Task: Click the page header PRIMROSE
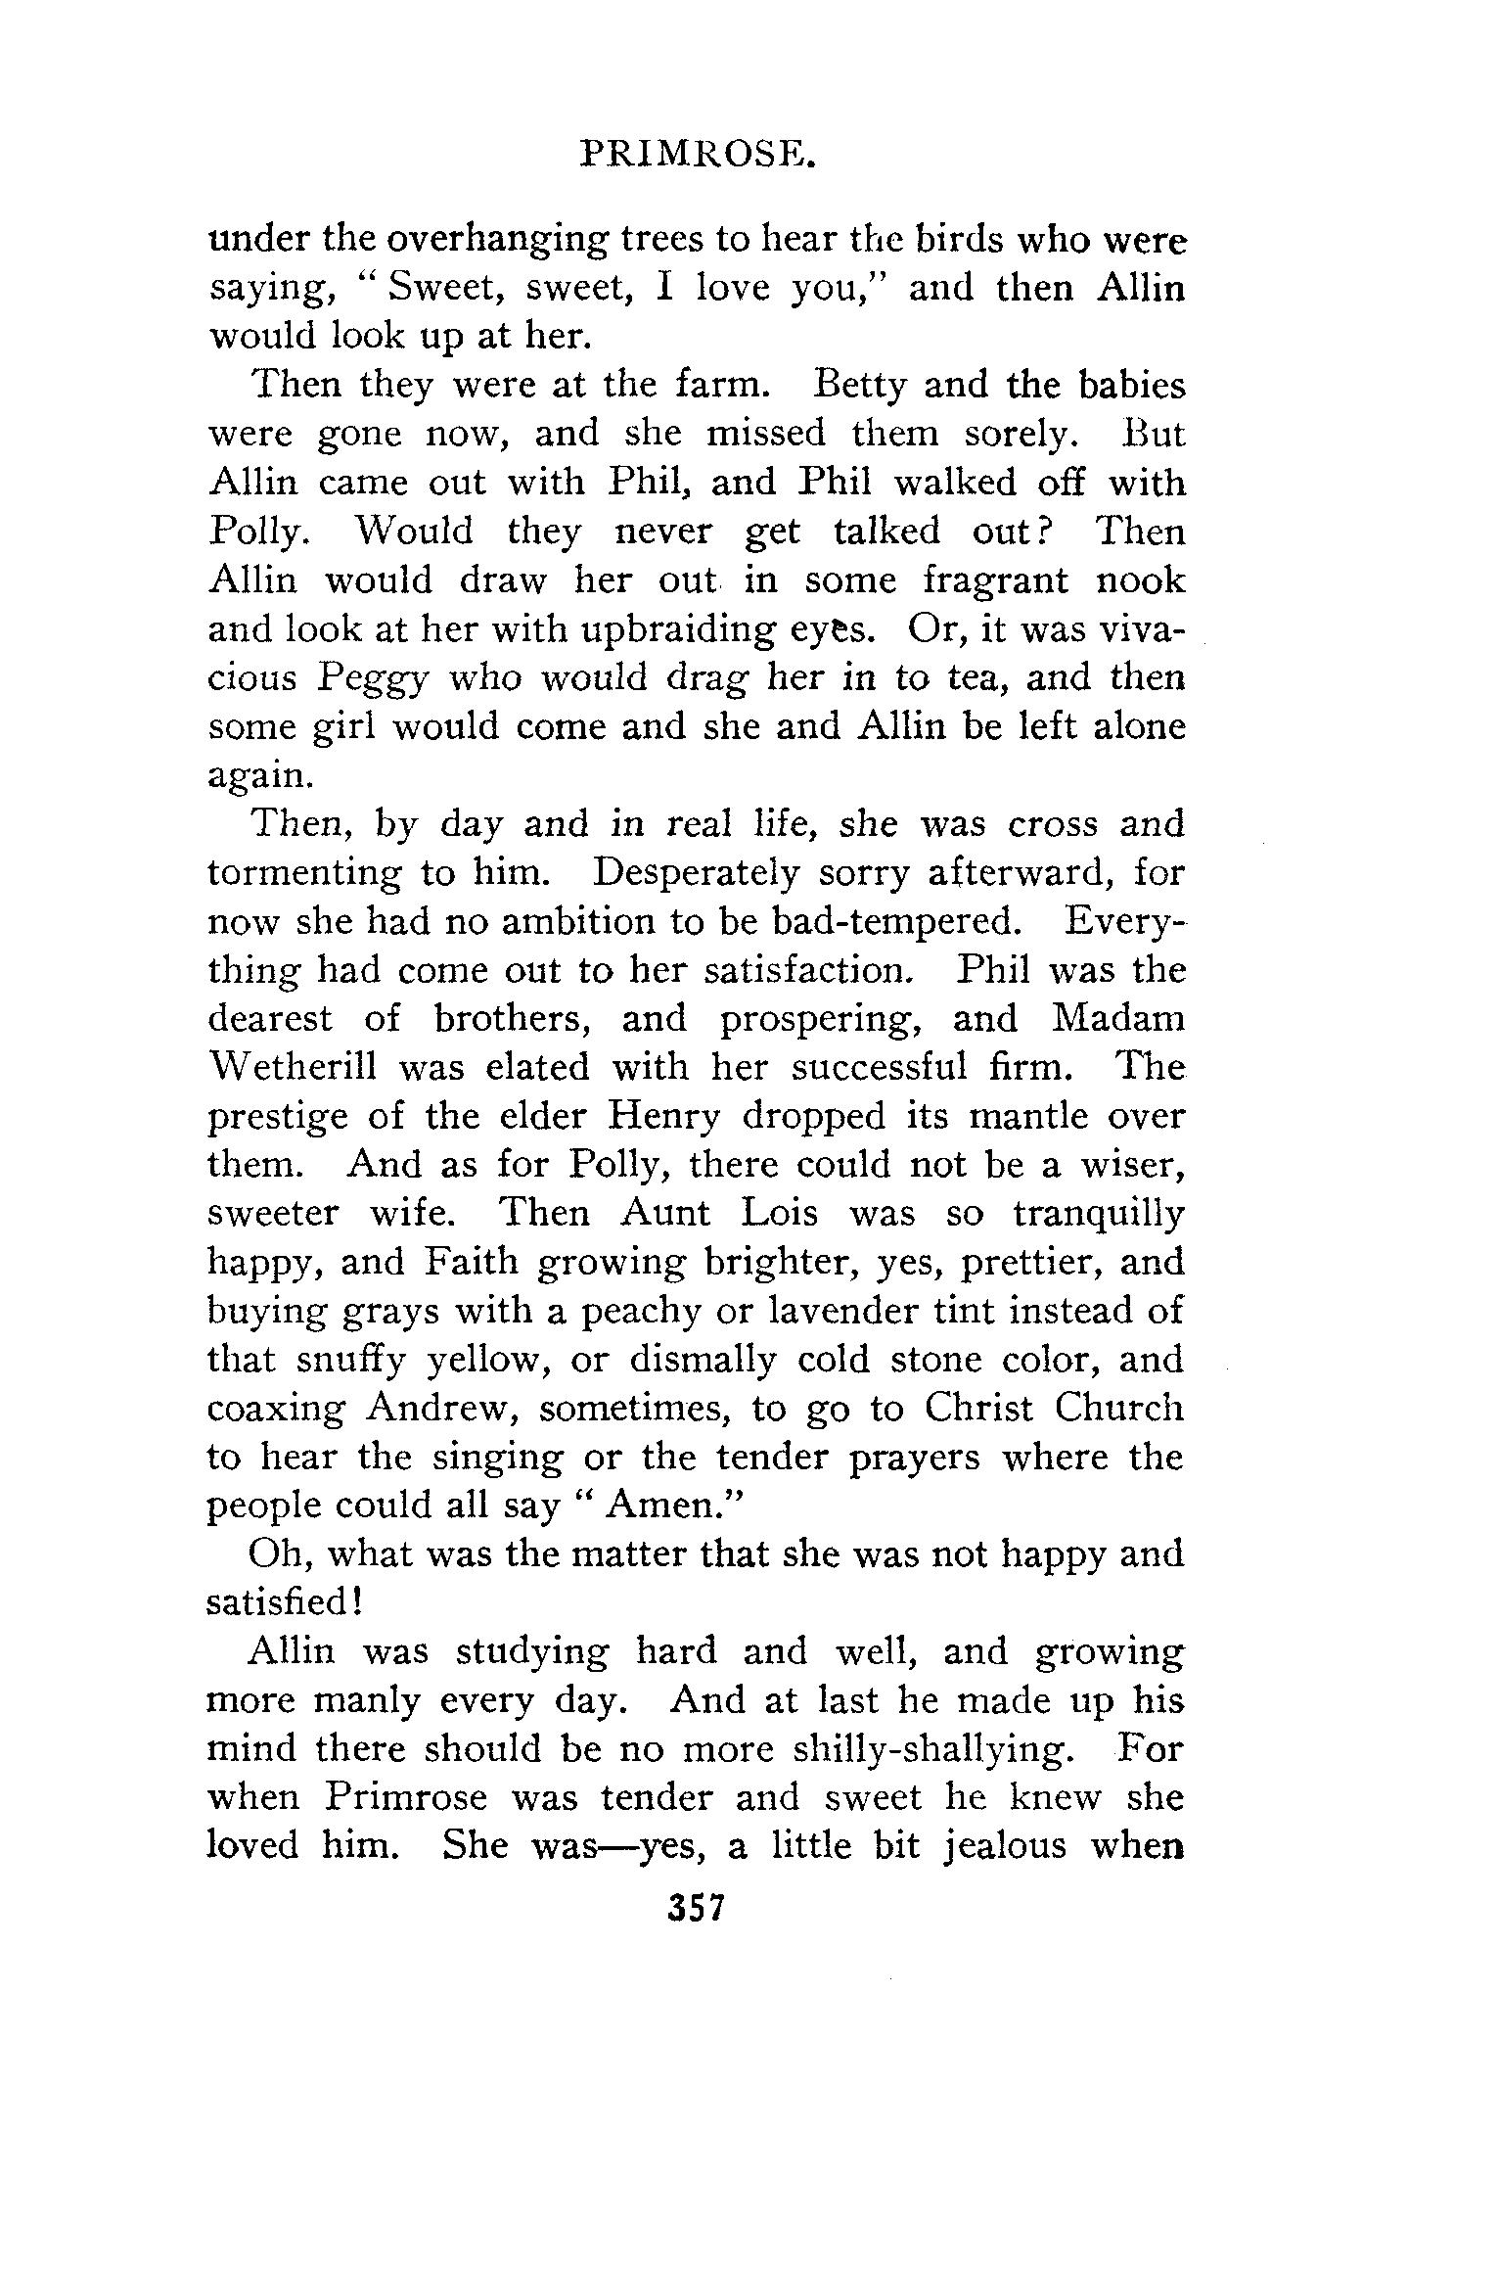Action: (696, 156)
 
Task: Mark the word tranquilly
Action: (1098, 1214)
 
